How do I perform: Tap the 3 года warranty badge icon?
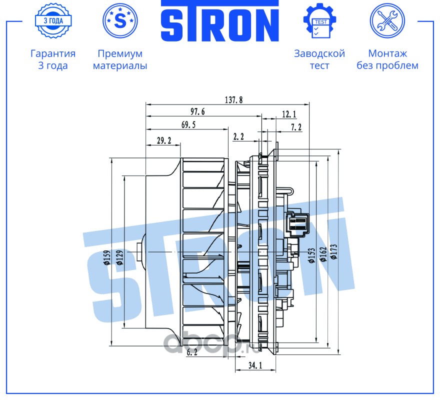click(x=53, y=21)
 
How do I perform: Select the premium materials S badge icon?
click(x=120, y=21)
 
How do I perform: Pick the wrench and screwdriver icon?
click(x=387, y=21)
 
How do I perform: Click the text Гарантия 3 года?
click(x=53, y=59)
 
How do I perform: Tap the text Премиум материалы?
click(x=120, y=59)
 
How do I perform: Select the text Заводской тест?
click(x=319, y=59)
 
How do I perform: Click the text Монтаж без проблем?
click(x=387, y=59)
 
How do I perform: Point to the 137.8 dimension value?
click(x=233, y=99)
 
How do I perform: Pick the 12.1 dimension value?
click(x=289, y=114)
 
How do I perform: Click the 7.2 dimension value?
click(x=296, y=127)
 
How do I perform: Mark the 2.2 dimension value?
click(x=238, y=136)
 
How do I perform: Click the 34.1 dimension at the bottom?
click(x=255, y=366)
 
